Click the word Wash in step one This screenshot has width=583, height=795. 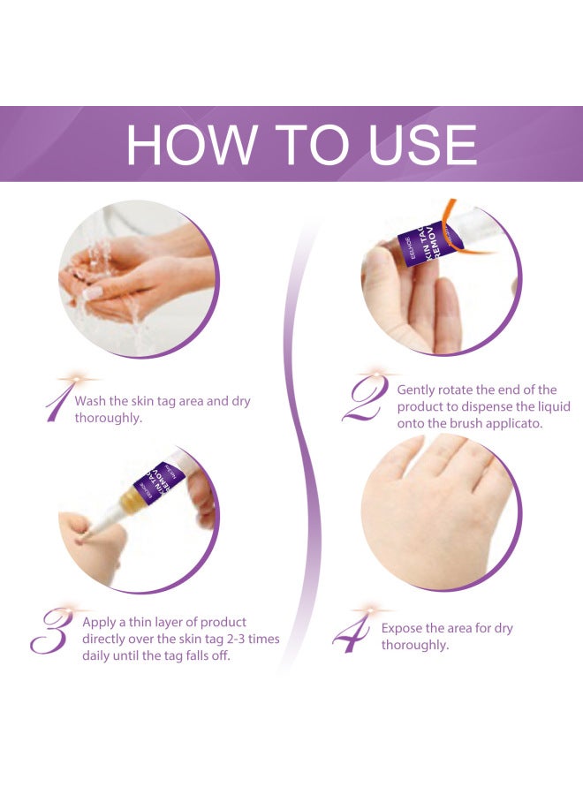tap(92, 401)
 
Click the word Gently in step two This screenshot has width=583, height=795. tap(418, 390)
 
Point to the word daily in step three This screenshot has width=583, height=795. tap(98, 656)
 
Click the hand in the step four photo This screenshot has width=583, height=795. tap(433, 503)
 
